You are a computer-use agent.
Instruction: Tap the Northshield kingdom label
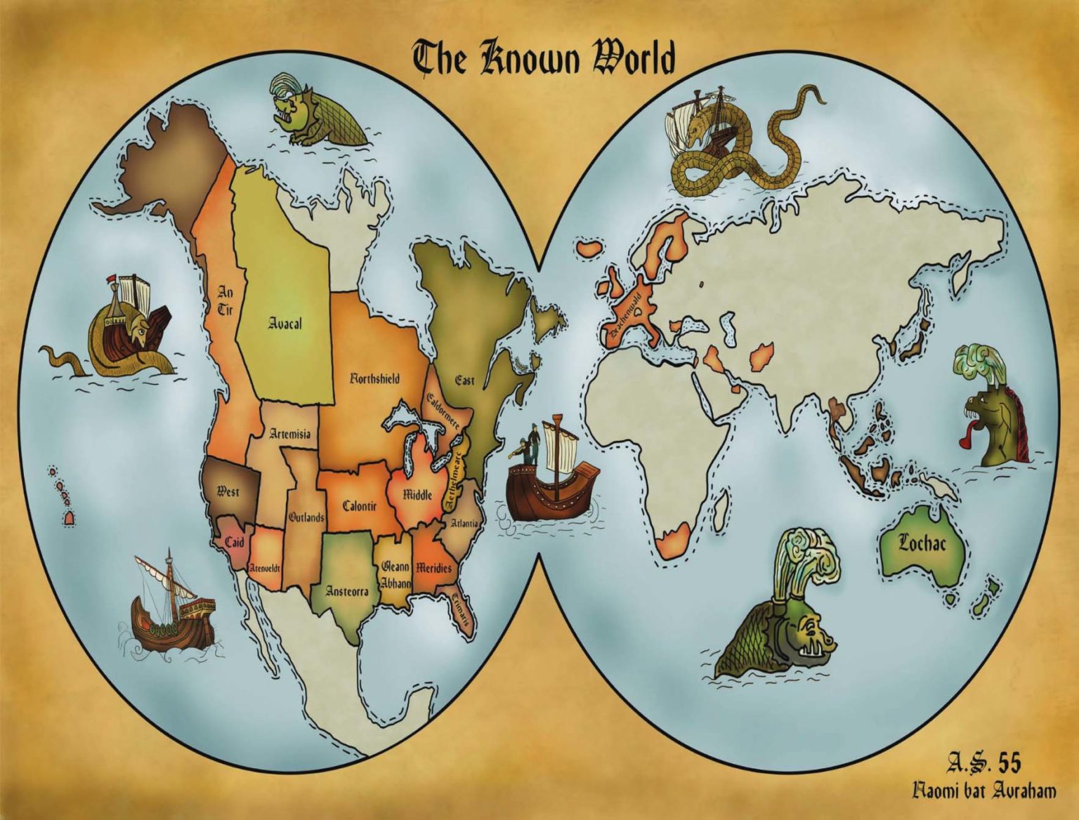coord(375,379)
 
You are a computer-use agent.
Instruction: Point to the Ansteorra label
coord(347,591)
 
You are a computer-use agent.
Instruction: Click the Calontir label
coord(360,505)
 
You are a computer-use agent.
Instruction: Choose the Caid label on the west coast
coord(234,542)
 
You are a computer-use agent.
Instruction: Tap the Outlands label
coord(306,517)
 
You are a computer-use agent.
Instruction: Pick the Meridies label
coord(433,567)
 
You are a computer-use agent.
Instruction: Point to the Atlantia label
coord(465,523)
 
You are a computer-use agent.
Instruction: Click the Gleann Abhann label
coord(395,574)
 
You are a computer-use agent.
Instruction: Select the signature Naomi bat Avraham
coord(983,792)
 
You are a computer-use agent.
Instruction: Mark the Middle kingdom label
coord(417,494)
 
